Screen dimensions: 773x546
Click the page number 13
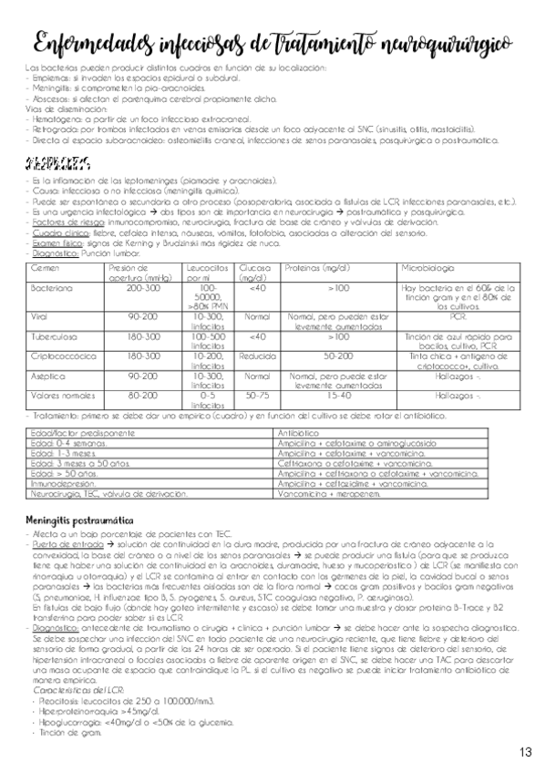coord(526,752)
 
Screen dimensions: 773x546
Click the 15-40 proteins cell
coord(338,397)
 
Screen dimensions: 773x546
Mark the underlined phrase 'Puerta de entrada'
coord(57,544)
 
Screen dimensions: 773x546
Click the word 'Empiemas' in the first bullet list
coord(51,80)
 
